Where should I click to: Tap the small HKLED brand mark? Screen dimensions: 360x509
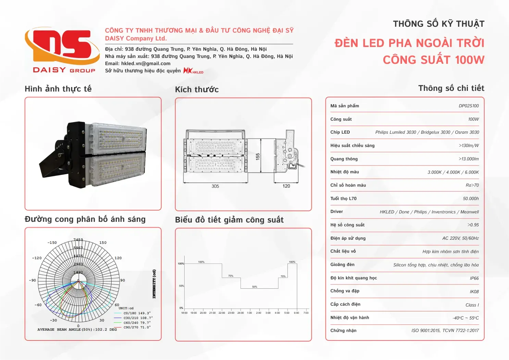[194, 71]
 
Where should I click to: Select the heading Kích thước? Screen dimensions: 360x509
[197, 89]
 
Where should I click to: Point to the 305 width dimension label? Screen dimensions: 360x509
[215, 186]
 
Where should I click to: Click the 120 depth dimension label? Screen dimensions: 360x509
[286, 186]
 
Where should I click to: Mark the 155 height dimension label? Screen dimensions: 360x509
[258, 156]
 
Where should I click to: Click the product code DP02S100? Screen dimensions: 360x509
[469, 106]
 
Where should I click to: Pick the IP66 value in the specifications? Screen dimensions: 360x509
[474, 278]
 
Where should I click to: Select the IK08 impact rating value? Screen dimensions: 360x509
[474, 292]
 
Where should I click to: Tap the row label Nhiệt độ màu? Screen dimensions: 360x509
[345, 172]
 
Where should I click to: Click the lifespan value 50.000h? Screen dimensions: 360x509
[471, 199]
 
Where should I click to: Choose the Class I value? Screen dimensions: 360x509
[472, 305]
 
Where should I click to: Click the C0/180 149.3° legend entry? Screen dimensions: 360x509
[137, 313]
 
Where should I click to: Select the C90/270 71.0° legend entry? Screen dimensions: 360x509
[137, 327]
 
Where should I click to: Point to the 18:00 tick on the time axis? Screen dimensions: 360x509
[184, 313]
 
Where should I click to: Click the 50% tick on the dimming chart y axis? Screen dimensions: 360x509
[181, 286]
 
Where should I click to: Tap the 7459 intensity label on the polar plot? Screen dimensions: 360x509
[78, 240]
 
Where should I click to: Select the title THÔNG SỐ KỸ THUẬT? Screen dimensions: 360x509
[438, 24]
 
